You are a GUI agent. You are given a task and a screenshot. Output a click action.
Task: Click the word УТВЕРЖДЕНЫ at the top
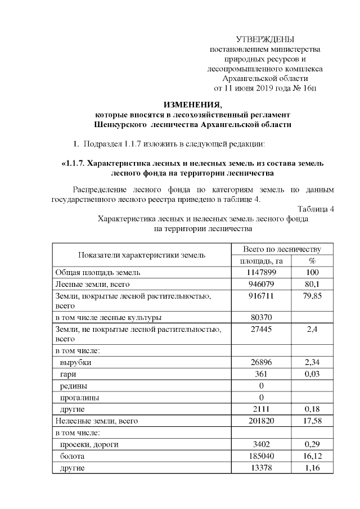click(x=265, y=39)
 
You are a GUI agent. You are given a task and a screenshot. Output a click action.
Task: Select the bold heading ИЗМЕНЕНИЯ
click(x=193, y=104)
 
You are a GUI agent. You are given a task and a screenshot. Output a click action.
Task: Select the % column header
click(x=312, y=261)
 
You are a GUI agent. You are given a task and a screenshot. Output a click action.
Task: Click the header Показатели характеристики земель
click(x=142, y=255)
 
